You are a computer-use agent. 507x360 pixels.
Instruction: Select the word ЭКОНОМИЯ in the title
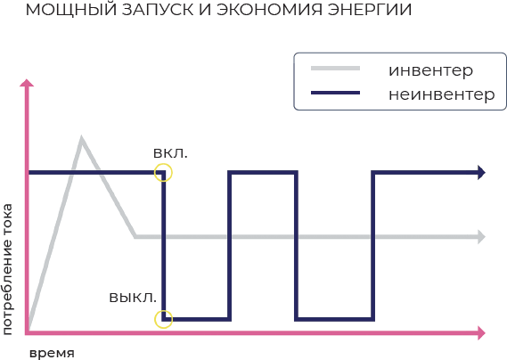(x=269, y=10)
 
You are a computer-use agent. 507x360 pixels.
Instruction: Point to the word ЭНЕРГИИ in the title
(x=370, y=10)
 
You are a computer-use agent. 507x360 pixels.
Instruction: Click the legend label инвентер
(x=430, y=70)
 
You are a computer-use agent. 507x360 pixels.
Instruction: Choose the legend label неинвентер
(x=442, y=94)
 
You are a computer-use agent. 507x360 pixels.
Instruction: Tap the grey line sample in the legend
(x=335, y=69)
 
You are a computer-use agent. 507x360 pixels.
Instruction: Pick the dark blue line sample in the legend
(x=335, y=93)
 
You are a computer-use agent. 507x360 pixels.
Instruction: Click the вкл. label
(x=170, y=153)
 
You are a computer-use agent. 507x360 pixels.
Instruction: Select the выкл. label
(x=133, y=298)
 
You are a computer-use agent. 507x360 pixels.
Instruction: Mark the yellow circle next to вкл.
(x=163, y=164)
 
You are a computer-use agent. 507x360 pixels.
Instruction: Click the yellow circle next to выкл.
(x=164, y=310)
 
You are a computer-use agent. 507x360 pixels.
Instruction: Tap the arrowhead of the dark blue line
(x=481, y=172)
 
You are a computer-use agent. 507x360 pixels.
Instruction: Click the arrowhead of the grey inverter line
(x=481, y=237)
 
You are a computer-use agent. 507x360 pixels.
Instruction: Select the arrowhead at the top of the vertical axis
(x=27, y=83)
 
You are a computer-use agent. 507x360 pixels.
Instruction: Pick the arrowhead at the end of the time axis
(x=481, y=333)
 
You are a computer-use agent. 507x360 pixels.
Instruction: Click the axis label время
(x=52, y=353)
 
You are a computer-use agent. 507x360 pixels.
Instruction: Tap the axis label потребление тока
(x=7, y=269)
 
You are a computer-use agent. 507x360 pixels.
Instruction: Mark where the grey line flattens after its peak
(x=135, y=237)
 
